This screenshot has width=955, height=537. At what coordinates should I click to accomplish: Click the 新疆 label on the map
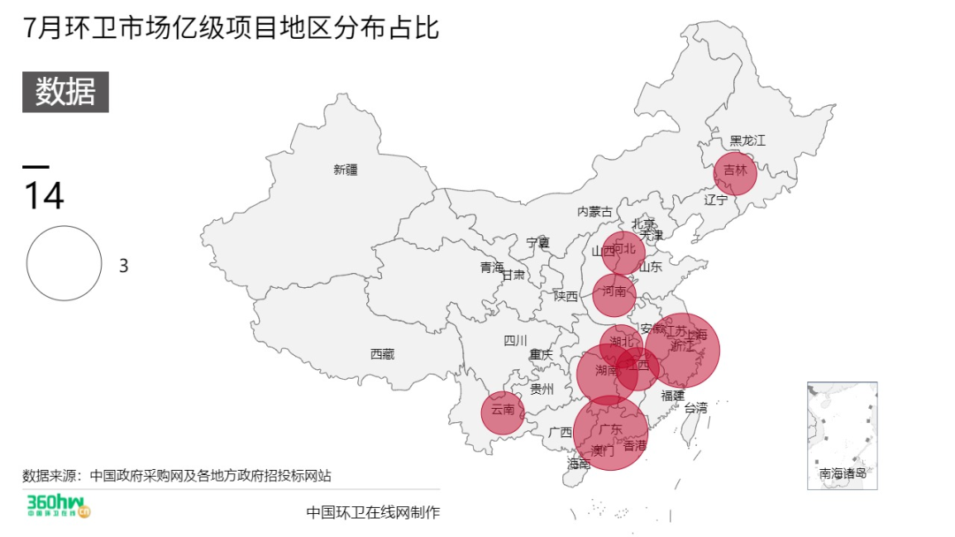346,170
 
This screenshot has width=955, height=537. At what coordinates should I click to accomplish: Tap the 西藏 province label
382,354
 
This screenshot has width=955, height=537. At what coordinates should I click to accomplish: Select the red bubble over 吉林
735,173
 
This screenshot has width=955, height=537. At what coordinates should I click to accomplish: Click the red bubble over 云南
502,412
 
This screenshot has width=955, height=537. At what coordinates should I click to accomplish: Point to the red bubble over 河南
614,295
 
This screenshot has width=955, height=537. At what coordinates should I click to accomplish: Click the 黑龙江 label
747,140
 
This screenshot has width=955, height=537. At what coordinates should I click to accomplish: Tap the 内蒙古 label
594,211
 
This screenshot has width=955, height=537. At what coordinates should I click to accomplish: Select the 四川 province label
516,341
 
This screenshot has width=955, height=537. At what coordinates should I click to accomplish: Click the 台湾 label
696,407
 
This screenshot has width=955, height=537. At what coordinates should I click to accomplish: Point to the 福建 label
673,395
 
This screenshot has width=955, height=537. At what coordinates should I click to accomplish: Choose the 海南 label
578,463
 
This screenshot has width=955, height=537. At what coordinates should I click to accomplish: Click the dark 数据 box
65,92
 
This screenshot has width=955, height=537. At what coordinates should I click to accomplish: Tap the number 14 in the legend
43,196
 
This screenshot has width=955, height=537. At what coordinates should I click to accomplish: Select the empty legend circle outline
64,263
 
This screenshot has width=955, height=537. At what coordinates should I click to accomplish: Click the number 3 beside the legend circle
124,266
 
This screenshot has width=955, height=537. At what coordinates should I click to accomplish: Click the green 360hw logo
58,508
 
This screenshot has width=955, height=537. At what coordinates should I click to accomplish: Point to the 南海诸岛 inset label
842,474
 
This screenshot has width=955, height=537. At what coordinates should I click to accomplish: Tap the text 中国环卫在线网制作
372,512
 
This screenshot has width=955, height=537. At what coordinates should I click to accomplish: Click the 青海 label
492,267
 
